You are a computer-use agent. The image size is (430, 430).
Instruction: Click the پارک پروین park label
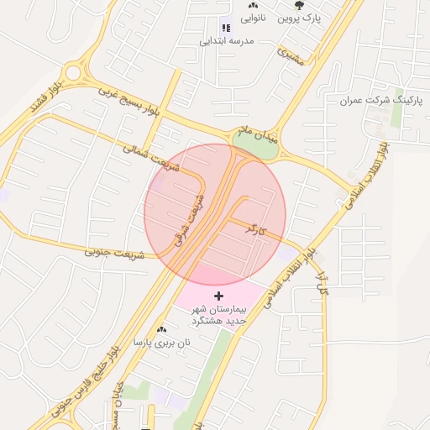point(301,18)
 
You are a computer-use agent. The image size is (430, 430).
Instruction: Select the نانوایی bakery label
point(254,17)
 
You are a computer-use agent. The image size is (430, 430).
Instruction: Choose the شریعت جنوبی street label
point(114,252)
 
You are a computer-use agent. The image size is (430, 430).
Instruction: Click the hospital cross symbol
point(219,296)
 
